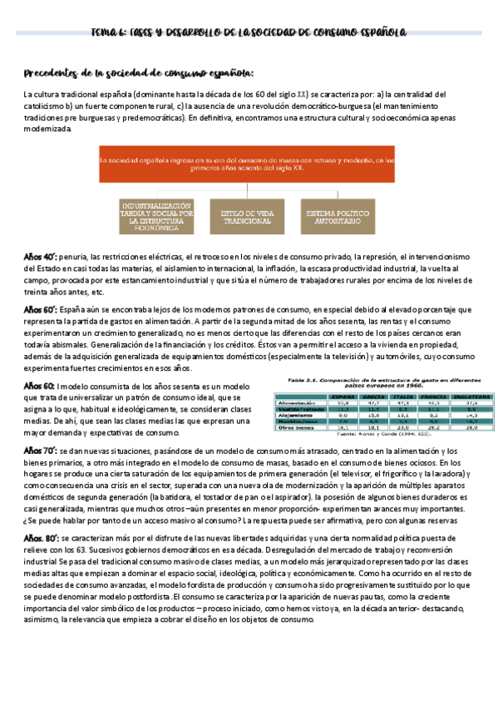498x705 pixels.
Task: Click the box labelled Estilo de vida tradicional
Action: point(248,218)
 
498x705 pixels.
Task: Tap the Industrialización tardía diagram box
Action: point(155,218)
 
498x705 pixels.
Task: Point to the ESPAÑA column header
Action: point(338,397)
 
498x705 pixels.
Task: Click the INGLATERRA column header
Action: point(471,397)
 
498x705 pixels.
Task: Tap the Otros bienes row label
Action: point(297,428)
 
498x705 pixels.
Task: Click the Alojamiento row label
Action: point(298,416)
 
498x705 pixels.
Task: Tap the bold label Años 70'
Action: point(39,450)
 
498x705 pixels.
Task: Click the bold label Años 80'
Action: point(39,539)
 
